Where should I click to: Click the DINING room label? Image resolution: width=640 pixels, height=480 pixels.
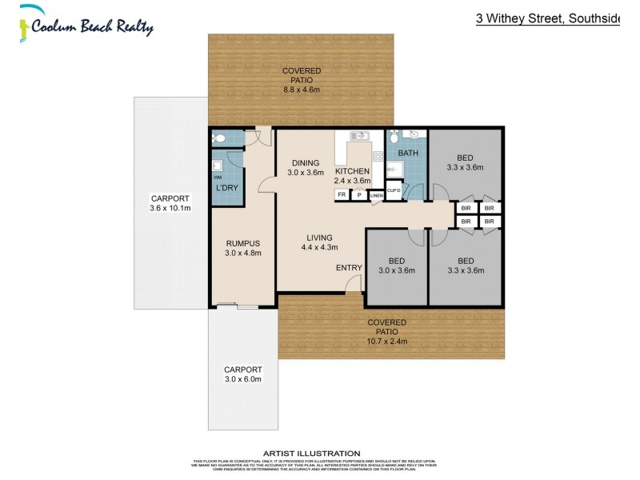[305, 166]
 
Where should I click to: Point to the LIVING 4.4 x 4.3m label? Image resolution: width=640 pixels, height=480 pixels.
[320, 242]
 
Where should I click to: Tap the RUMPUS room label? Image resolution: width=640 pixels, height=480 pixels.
[243, 248]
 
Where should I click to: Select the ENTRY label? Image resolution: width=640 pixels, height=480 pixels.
[348, 268]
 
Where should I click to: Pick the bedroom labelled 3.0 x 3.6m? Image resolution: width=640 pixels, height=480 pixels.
[396, 266]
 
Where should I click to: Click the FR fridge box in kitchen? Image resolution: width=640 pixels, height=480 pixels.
[342, 194]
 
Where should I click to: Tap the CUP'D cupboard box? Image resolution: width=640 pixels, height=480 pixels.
[394, 190]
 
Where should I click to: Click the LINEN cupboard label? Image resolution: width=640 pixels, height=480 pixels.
[375, 195]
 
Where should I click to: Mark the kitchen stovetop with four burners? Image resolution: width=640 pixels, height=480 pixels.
[378, 156]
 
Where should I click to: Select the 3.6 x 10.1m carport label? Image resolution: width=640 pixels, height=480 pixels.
[170, 203]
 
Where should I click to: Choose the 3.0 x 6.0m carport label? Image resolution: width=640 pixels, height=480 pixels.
[242, 374]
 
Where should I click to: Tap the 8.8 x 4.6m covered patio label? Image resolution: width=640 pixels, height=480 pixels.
[301, 81]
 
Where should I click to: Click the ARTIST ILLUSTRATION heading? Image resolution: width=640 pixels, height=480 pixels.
[318, 453]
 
